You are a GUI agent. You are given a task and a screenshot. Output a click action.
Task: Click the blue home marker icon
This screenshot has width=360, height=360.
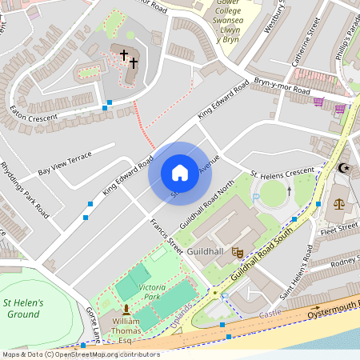[x=180, y=173]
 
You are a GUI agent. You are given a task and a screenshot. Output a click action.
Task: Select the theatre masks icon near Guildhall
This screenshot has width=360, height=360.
[x=237, y=251]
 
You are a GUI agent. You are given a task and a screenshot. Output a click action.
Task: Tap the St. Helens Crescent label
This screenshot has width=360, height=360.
[x=282, y=174]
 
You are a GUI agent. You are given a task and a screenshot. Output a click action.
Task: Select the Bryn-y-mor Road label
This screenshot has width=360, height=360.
[x=282, y=87]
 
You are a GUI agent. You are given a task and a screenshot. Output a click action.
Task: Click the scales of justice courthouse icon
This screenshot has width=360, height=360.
[x=339, y=203]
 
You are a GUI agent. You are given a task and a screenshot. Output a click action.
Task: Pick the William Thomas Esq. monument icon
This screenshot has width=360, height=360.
[x=126, y=309]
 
